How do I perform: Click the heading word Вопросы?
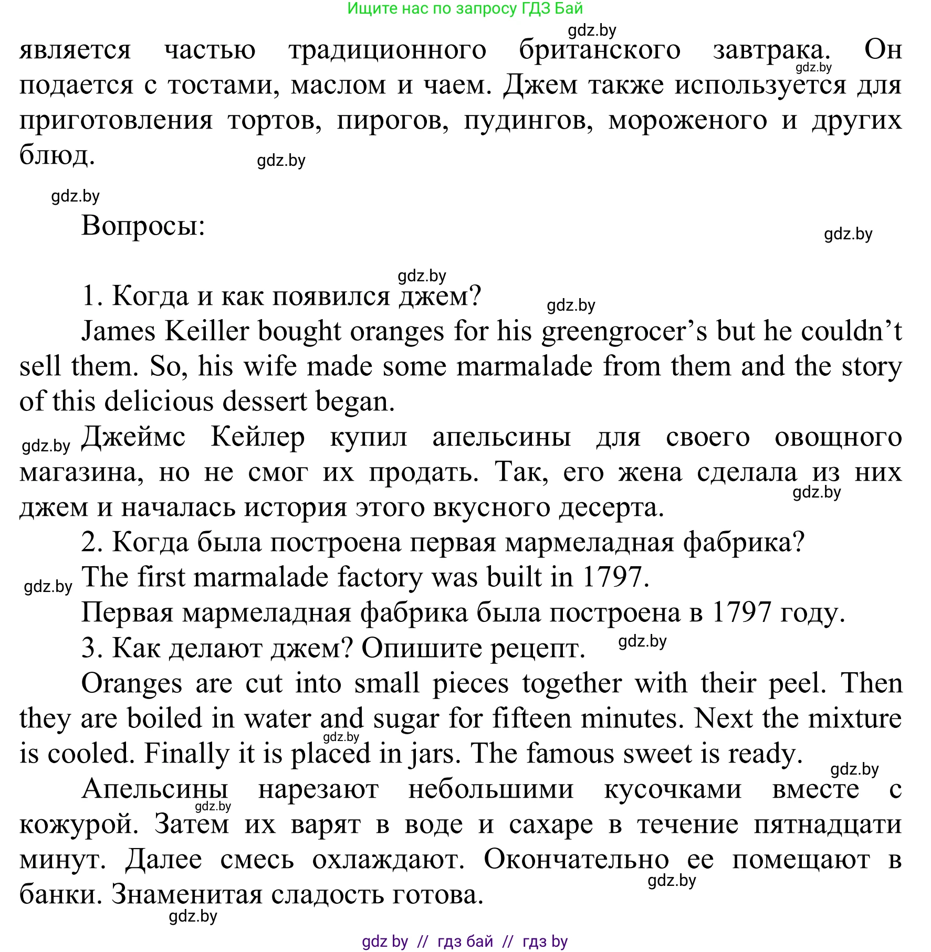[143, 227]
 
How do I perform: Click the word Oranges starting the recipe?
[132, 684]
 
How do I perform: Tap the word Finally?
[187, 754]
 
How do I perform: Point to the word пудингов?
[528, 121]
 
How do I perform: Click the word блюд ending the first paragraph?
[57, 155]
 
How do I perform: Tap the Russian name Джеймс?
[134, 437]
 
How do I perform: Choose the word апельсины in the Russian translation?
[501, 437]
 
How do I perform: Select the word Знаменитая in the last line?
[186, 895]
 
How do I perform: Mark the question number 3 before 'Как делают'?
[91, 648]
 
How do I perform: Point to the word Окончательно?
[576, 860]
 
